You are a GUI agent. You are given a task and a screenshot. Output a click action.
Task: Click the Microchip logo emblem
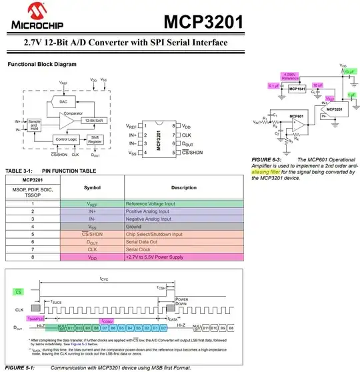tap(15, 13)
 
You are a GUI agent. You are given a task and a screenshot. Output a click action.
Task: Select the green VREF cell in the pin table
tap(92, 203)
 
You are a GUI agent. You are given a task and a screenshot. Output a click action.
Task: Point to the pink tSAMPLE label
tap(49, 319)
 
